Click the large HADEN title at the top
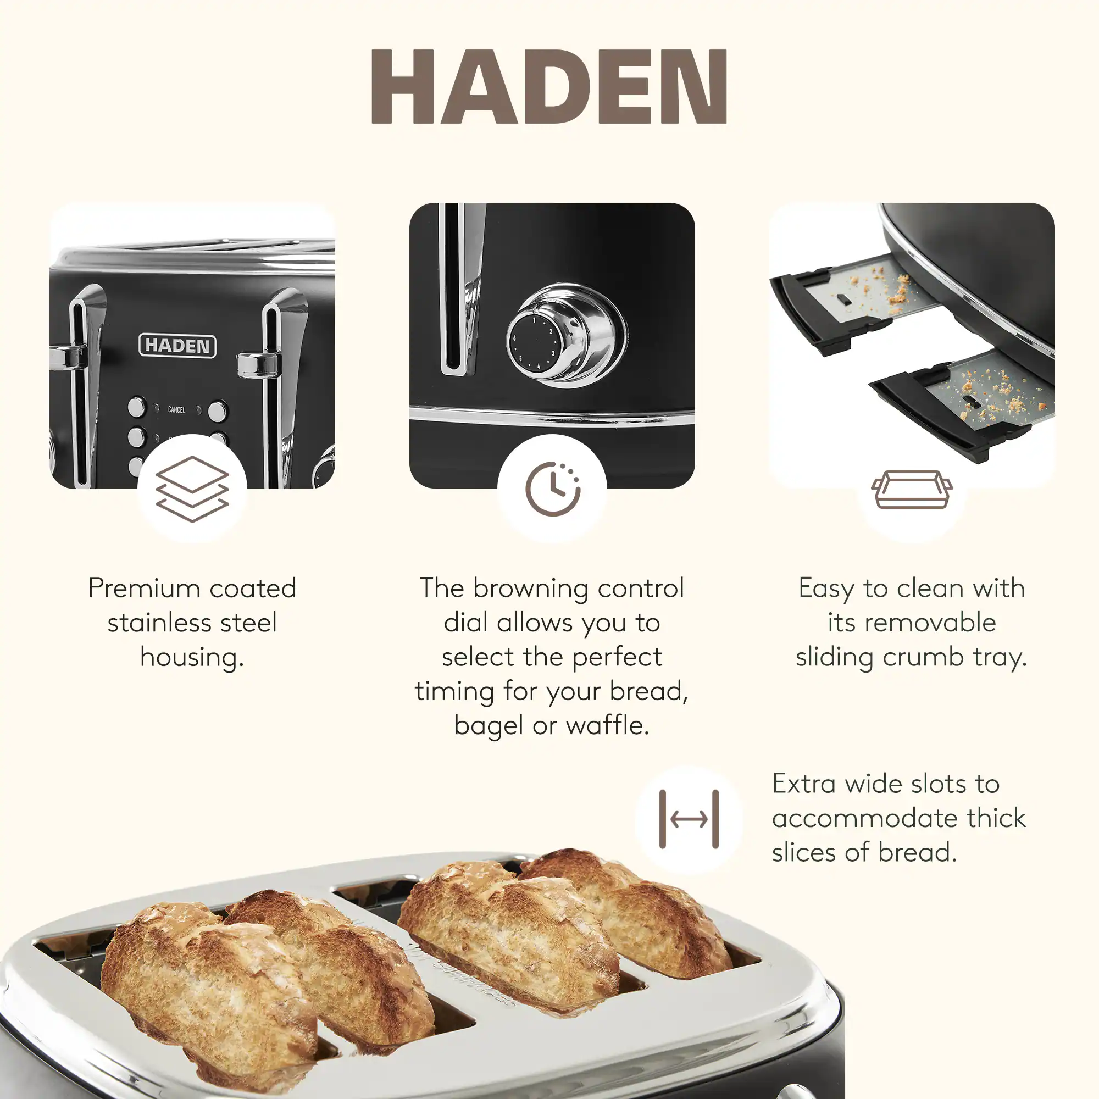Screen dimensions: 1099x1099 pos(549,86)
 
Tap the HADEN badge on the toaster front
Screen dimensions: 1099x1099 pos(177,346)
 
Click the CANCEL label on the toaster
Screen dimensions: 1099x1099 pos(176,409)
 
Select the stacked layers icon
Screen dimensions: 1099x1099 pos(192,489)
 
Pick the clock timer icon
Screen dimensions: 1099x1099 pos(552,489)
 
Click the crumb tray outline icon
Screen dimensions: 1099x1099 pos(912,489)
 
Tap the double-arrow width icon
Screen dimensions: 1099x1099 pos(689,819)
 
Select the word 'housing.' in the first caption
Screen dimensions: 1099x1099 pos(192,658)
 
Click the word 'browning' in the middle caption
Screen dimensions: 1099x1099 pos(531,588)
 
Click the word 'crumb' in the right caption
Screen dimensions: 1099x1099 pos(923,658)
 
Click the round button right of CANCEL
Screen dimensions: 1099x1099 pos(217,411)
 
